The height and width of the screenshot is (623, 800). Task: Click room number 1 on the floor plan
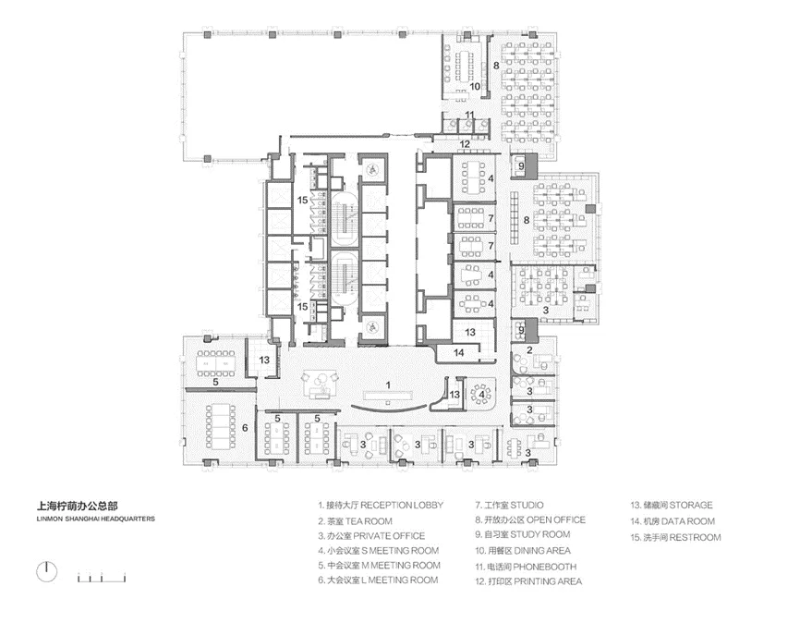point(388,385)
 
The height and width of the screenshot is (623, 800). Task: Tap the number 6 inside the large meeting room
point(245,427)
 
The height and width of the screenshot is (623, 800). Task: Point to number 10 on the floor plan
point(475,86)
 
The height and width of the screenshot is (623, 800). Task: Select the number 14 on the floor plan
point(459,352)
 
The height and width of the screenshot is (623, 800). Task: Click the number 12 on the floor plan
point(465,144)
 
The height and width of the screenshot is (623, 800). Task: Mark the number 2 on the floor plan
point(529,350)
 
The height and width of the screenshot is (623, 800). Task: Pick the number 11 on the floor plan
point(469,115)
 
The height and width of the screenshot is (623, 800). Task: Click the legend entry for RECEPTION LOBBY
point(381,505)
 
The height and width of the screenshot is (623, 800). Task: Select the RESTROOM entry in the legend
point(675,537)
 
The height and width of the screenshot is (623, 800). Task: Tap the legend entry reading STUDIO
point(509,505)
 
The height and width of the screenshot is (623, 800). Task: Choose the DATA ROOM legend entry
point(673,521)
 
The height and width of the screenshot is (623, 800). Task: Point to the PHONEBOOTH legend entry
point(526,567)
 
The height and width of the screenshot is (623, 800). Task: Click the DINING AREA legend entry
point(523,551)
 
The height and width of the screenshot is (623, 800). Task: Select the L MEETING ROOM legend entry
point(378,580)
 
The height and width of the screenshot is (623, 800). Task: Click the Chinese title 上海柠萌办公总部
point(77,506)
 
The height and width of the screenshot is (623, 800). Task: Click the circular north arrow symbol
point(47,571)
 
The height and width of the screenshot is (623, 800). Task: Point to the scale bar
point(102,578)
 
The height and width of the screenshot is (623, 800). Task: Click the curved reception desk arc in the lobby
point(388,408)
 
